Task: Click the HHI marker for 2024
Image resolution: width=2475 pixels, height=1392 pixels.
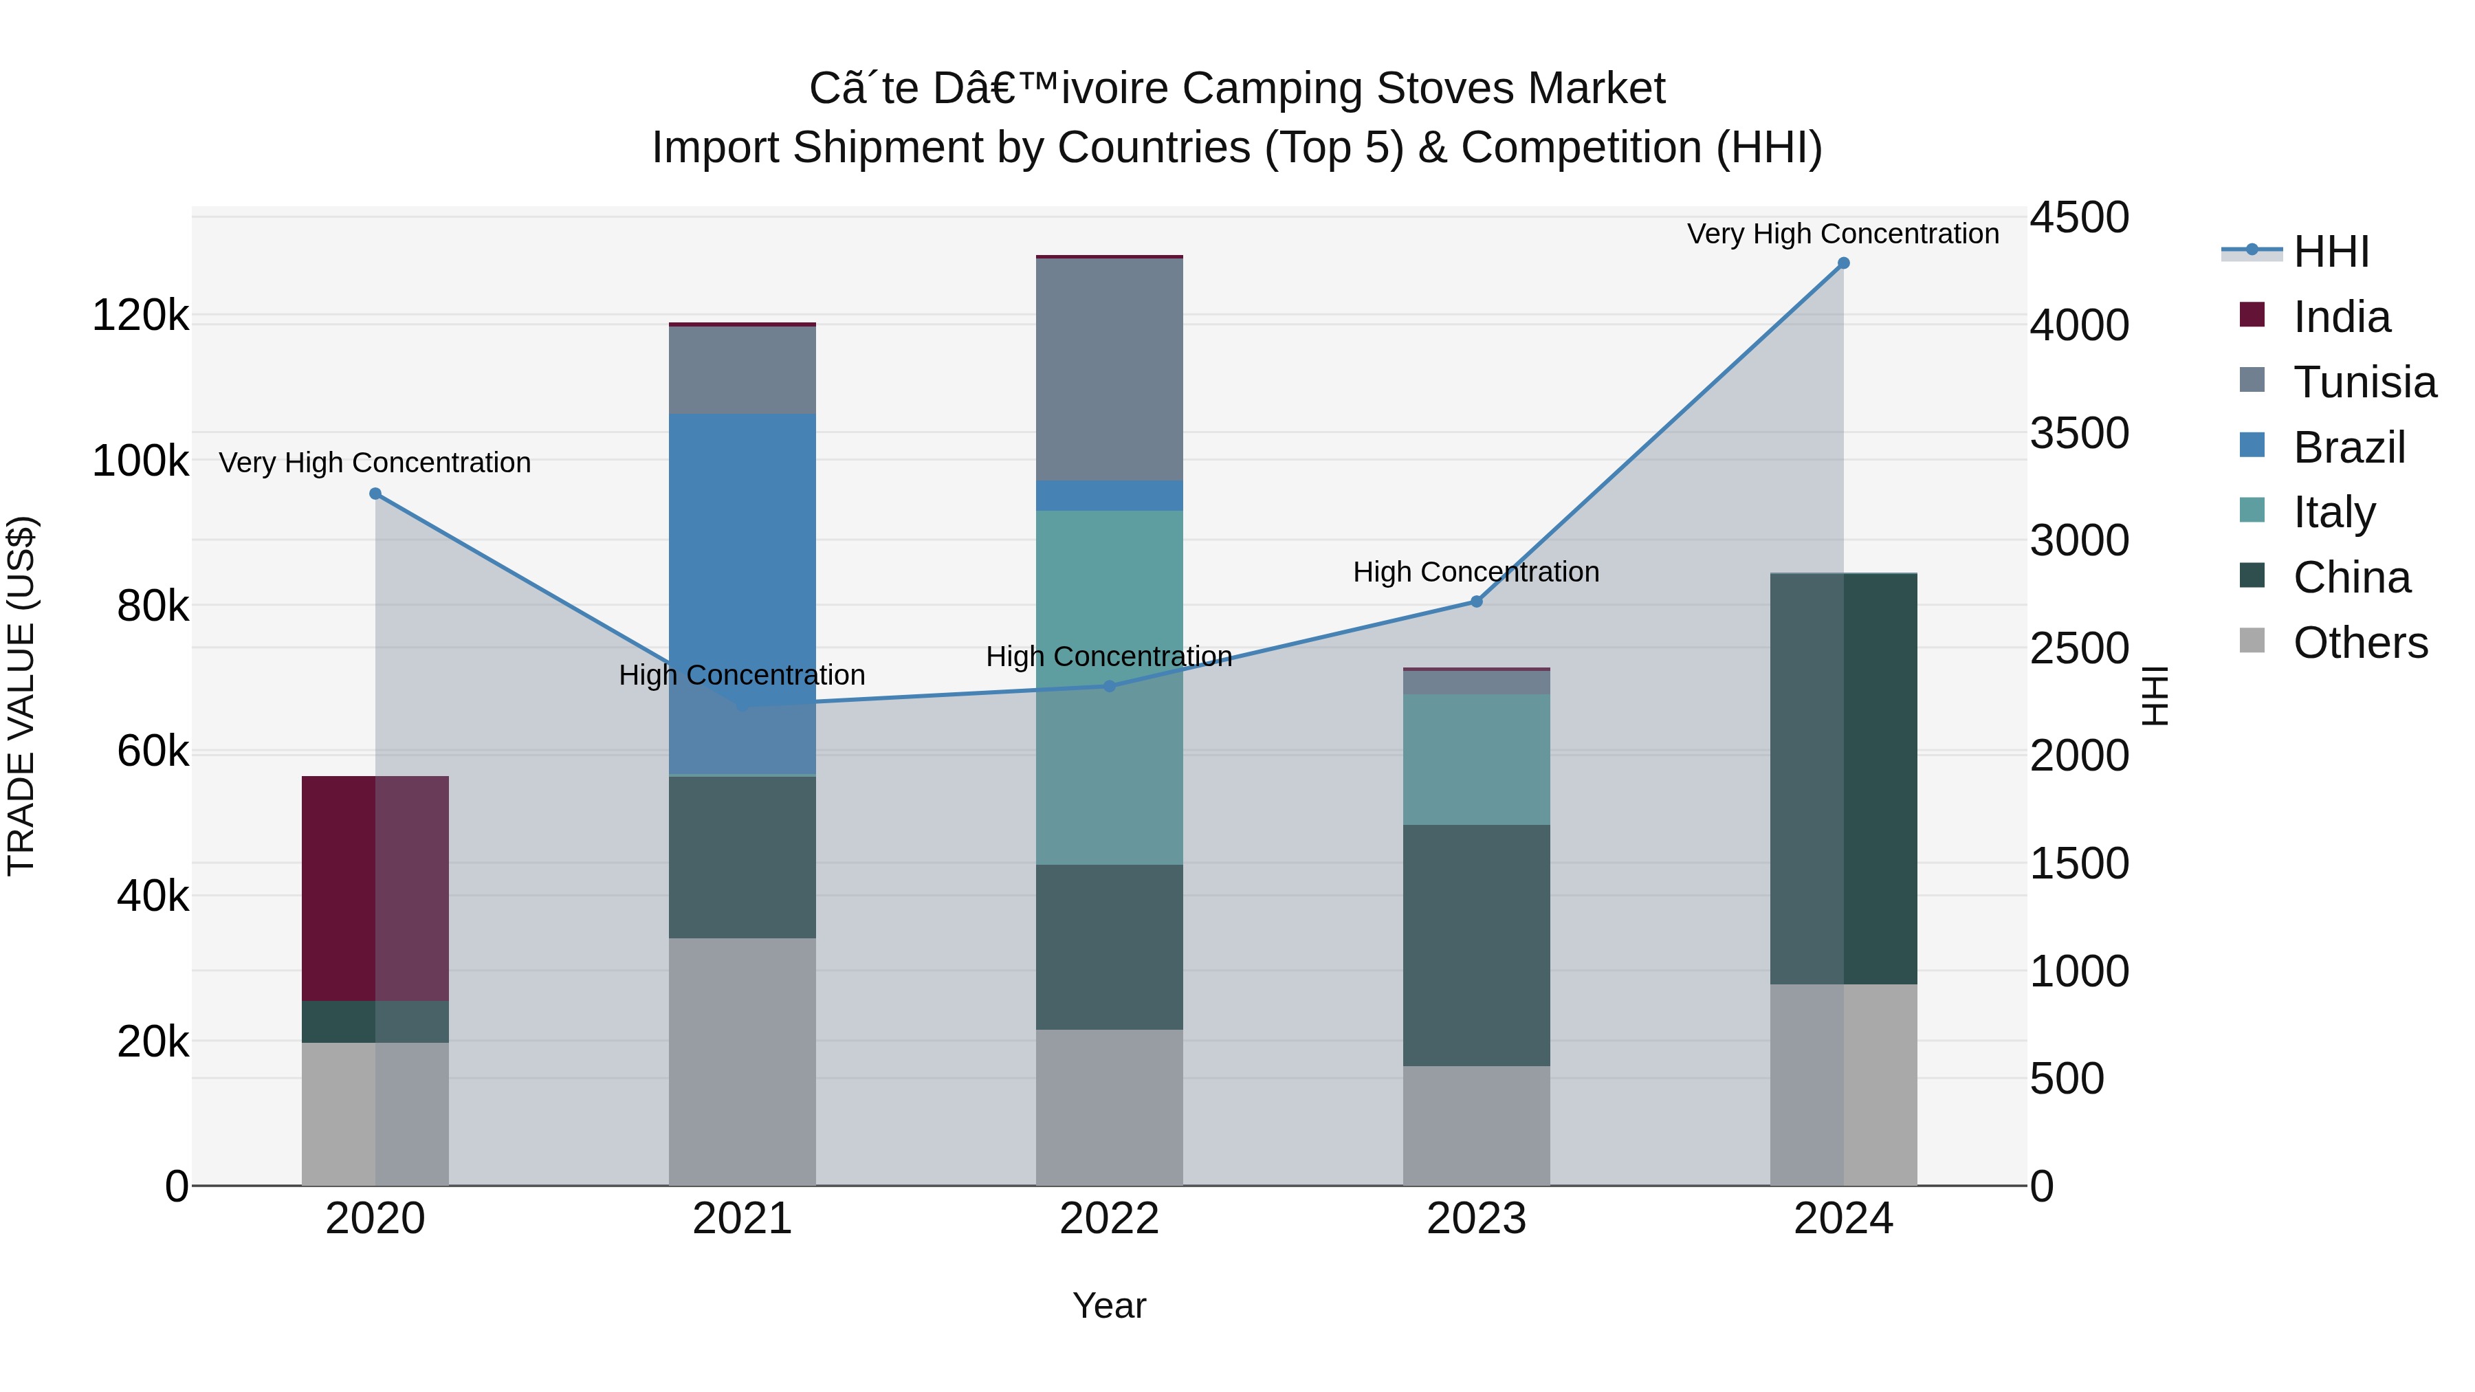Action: pos(1842,263)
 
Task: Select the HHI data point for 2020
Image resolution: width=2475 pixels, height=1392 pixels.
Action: pos(375,494)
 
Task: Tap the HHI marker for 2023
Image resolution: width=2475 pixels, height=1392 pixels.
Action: pos(1477,601)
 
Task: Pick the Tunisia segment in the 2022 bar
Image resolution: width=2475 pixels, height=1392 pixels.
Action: pos(1109,370)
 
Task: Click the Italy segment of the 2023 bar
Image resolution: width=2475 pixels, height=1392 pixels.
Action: pos(1476,759)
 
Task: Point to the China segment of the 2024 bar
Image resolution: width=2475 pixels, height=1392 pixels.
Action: pos(1842,778)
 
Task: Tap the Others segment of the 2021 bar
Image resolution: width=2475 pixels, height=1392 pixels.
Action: pos(742,1061)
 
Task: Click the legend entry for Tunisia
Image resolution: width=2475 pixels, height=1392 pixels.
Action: pos(2364,382)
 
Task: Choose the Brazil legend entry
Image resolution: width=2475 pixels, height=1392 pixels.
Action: pos(2348,448)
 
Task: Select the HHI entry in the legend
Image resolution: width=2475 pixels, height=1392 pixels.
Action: pos(2331,252)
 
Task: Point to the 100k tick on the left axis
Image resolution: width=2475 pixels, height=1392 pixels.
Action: pos(140,461)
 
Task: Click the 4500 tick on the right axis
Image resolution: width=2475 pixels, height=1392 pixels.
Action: pos(2078,218)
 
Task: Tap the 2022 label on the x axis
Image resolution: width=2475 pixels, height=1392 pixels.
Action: pos(1109,1219)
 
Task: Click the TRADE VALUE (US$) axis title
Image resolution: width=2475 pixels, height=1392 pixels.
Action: pos(21,696)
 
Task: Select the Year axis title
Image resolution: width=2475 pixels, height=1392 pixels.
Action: pos(1109,1305)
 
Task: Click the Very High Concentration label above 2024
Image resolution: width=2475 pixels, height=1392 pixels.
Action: pos(1842,234)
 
